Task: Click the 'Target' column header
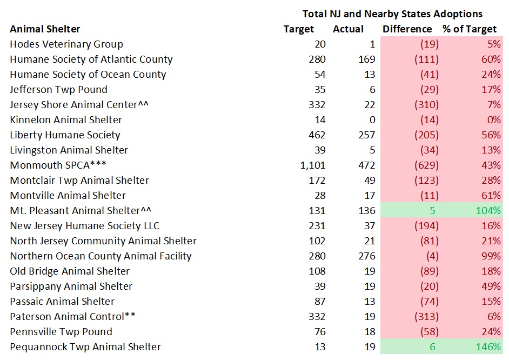pos(299,29)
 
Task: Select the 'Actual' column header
pos(348,29)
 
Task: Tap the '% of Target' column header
pos(469,29)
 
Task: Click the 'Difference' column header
pos(407,29)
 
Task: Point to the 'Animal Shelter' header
pos(45,29)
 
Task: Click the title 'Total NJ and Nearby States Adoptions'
pos(392,14)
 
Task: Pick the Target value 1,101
pos(313,165)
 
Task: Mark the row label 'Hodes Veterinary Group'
pos(66,44)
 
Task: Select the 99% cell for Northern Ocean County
pos(492,256)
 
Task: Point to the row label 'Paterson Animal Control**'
pos(72,317)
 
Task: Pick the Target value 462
pos(317,135)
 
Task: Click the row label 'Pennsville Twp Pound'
pos(61,332)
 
